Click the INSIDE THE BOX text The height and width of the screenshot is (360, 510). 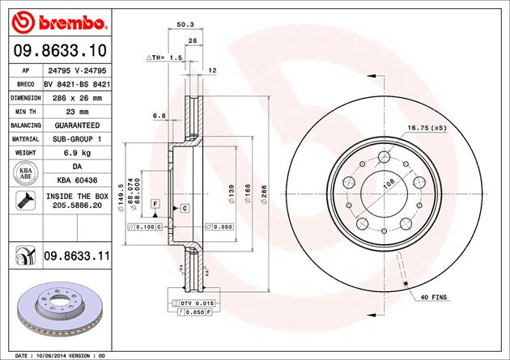79,197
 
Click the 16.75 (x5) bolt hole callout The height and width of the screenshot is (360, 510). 427,128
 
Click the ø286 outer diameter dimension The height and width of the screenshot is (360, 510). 264,193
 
